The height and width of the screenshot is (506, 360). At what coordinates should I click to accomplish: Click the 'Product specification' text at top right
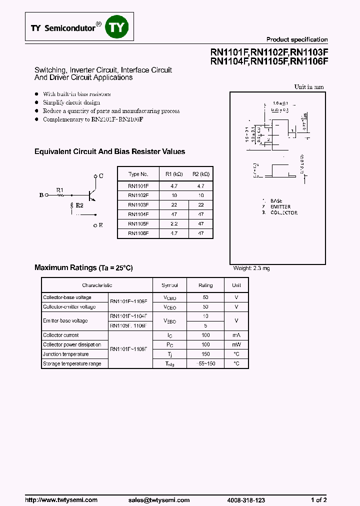[296, 39]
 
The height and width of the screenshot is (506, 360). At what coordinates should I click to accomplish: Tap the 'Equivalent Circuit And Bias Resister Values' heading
[109, 151]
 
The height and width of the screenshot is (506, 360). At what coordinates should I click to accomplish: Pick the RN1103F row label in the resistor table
[138, 204]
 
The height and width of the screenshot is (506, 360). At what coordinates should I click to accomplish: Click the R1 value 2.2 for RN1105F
[174, 223]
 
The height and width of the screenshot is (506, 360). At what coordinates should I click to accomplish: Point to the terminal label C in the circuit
[101, 176]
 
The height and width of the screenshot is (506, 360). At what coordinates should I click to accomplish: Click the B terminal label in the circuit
[41, 195]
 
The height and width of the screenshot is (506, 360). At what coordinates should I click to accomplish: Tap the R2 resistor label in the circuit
[79, 205]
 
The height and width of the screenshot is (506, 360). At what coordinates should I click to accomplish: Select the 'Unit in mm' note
[308, 87]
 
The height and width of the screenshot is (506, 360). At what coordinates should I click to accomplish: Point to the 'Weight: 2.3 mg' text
[251, 268]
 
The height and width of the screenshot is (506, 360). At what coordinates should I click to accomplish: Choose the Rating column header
[205, 285]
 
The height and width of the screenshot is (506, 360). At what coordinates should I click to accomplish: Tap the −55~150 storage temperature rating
[205, 363]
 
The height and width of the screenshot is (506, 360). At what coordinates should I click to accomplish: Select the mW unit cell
[236, 345]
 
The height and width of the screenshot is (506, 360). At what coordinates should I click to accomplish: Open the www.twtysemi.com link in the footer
[61, 500]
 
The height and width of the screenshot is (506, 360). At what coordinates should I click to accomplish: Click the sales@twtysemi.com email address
[158, 500]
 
